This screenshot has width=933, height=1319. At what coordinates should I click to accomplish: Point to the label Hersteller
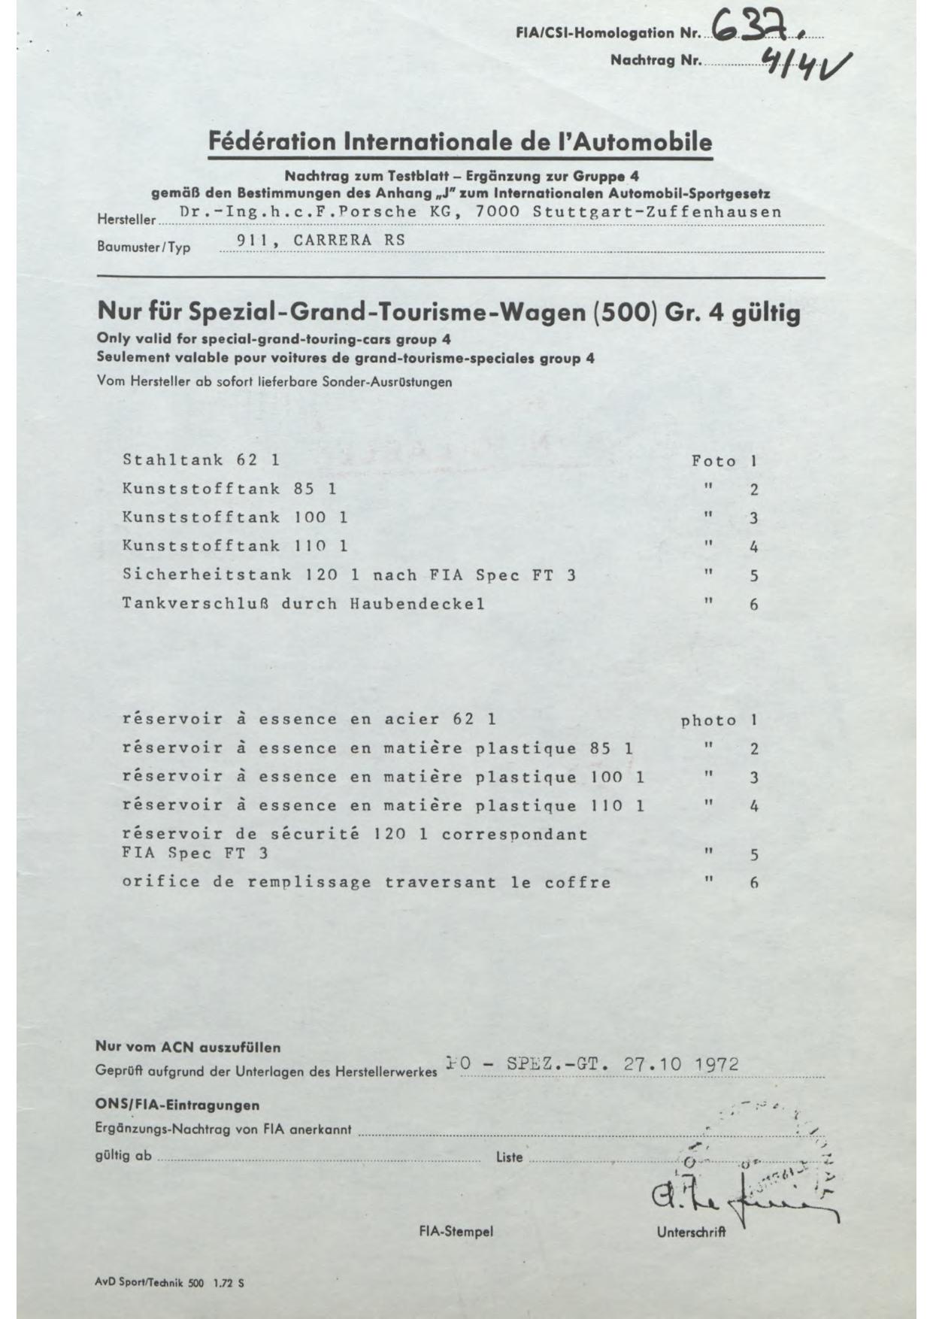[x=126, y=220]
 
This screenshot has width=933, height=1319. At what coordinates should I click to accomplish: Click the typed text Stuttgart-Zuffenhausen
[x=656, y=212]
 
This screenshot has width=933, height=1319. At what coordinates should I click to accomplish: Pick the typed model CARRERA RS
[x=349, y=240]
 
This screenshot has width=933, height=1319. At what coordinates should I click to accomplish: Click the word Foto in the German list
[x=713, y=461]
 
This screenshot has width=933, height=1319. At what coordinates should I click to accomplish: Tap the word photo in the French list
[x=708, y=720]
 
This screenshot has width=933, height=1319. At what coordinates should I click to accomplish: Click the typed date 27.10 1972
[x=681, y=1064]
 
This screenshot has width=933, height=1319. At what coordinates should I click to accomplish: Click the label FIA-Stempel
[x=456, y=1232]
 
